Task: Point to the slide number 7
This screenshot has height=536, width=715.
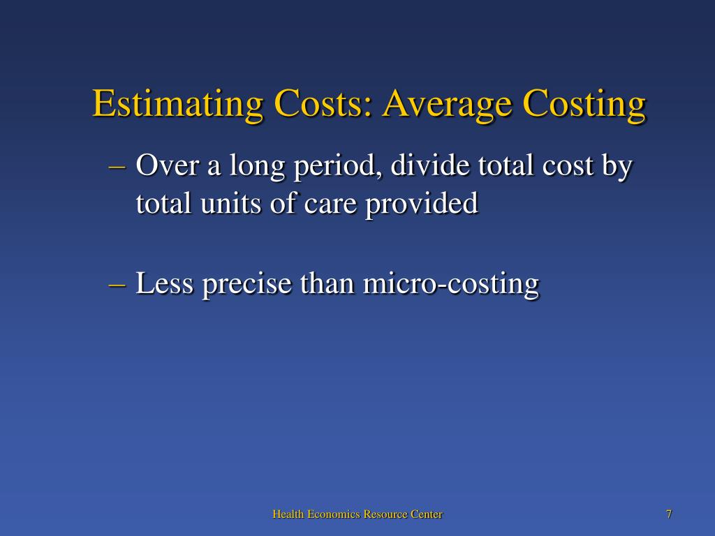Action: tap(668, 514)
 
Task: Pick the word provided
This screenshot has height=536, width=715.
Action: tap(421, 204)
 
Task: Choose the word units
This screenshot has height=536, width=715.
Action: tap(230, 203)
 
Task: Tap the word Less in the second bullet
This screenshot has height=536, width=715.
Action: tap(165, 283)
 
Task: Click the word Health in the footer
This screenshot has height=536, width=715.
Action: tap(288, 514)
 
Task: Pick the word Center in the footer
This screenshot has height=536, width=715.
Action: tap(427, 514)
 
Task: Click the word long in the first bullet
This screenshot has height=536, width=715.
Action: tap(257, 166)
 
